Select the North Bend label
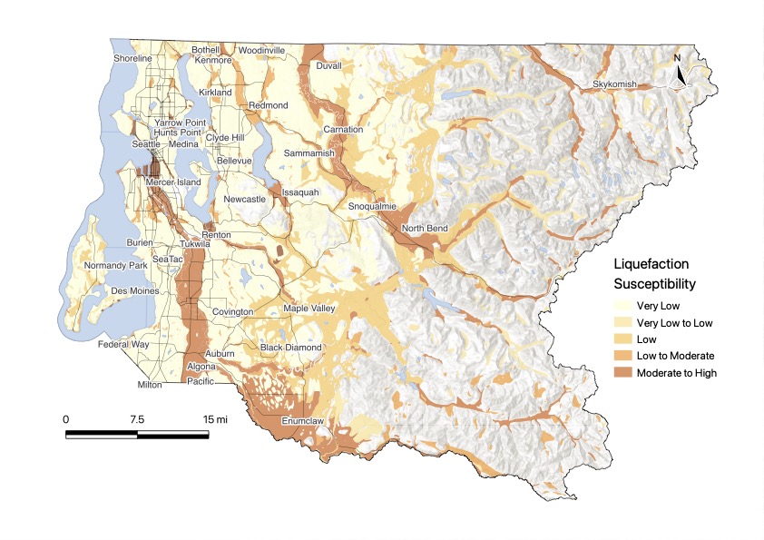[425, 228]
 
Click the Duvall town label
[328, 65]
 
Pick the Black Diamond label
[290, 348]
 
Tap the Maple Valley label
[309, 309]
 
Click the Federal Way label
[125, 345]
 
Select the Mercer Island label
[174, 182]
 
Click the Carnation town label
[343, 130]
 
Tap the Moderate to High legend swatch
[622, 373]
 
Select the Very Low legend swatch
[622, 306]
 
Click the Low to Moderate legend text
[676, 356]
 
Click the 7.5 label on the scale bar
[137, 419]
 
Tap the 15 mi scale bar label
[214, 419]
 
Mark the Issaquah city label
[300, 192]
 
